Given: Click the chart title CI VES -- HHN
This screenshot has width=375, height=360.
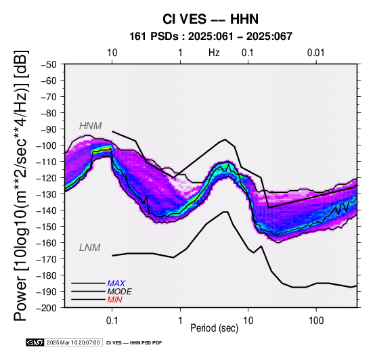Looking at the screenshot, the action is click(x=211, y=19).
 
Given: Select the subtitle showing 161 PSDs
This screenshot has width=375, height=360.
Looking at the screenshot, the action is click(x=211, y=37).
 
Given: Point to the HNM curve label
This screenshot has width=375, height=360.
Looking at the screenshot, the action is click(x=91, y=126).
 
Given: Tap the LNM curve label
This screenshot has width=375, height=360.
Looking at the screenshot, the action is click(x=90, y=248).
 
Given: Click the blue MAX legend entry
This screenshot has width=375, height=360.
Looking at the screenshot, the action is click(x=116, y=284).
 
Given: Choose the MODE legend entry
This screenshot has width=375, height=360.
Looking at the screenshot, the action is click(x=120, y=292).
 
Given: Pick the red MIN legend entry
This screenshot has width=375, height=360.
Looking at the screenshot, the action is click(x=115, y=300).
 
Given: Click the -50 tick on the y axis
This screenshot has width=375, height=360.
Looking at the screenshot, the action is click(x=49, y=64).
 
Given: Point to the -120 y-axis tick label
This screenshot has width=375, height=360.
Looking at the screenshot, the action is click(x=47, y=178).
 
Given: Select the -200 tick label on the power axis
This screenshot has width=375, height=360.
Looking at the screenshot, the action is click(x=47, y=308).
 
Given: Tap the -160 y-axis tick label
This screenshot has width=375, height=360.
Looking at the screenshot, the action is click(x=47, y=243).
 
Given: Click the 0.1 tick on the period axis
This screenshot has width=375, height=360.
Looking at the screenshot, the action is click(x=112, y=321).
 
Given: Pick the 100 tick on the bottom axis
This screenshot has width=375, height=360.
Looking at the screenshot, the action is click(x=316, y=321).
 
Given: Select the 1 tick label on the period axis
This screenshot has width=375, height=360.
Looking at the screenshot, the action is click(x=180, y=321).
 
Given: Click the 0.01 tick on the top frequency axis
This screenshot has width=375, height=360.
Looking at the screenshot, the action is click(x=316, y=53).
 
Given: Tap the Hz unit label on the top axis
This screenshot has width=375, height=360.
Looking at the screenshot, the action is click(x=214, y=53).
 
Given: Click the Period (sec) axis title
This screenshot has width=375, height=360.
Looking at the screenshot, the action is click(x=215, y=328).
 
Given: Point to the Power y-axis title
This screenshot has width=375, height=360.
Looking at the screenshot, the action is click(x=20, y=185).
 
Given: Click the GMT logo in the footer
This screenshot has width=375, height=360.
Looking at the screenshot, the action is click(x=35, y=342).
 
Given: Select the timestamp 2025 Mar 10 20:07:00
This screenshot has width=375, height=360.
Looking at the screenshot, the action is click(x=73, y=342).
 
